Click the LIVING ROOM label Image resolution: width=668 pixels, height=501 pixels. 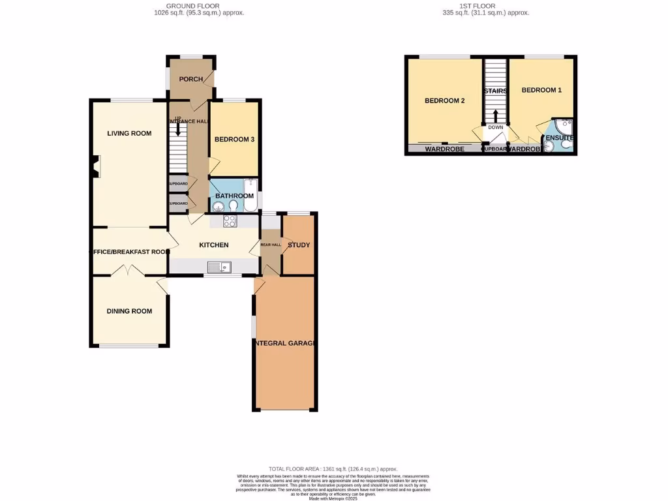129,133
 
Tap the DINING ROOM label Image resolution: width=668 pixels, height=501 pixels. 129,311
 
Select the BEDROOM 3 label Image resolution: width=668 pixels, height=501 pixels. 234,139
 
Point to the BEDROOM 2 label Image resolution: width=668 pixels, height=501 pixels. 444,100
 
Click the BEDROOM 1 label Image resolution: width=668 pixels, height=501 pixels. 541,90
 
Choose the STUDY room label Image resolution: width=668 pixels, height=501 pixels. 299,245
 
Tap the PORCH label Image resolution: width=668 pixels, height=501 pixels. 191,80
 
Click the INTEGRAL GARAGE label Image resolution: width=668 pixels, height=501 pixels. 285,343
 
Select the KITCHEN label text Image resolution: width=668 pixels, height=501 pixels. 214,245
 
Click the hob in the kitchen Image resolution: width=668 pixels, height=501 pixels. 230,221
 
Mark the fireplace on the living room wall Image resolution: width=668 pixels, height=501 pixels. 96,166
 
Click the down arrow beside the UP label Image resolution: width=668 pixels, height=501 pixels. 178,129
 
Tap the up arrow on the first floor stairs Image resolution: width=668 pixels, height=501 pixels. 495,115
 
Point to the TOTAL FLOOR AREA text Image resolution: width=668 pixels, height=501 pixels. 333,469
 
